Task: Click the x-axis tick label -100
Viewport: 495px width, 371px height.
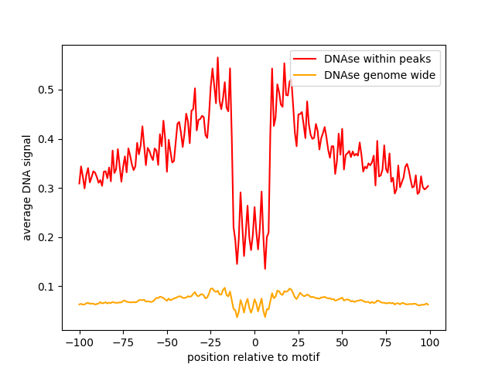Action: pos(79,342)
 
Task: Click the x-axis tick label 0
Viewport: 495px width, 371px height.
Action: pos(254,342)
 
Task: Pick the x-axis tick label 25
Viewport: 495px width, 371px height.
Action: pos(298,342)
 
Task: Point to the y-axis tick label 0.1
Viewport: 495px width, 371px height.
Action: pos(48,287)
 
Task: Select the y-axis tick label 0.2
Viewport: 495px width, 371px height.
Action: pos(48,237)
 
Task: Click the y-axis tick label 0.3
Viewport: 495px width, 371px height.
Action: pos(48,189)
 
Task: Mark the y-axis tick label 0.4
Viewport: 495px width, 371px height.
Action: pos(48,139)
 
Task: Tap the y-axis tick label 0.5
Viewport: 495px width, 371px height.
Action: pos(48,90)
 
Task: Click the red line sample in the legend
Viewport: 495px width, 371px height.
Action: pos(307,58)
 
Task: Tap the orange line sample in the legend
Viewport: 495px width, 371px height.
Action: pos(307,75)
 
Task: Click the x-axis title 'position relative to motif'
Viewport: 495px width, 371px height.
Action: pos(254,357)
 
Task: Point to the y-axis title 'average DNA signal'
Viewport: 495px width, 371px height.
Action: pos(27,188)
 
